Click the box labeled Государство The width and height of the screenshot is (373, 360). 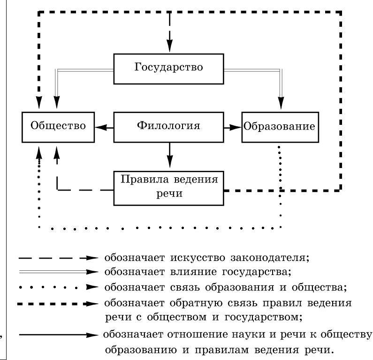[x=169, y=68]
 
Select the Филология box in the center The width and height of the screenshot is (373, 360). [x=169, y=127]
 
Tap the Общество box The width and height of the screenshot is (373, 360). [x=58, y=127]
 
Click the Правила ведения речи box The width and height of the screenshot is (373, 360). [x=169, y=187]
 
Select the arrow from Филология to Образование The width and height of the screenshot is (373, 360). [x=232, y=127]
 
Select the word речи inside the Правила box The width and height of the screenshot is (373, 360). [x=169, y=193]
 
